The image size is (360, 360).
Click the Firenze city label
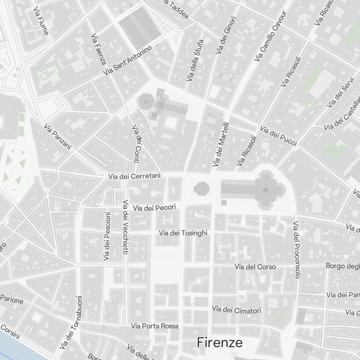[x=220, y=342]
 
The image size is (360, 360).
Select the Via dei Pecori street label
[x=154, y=208]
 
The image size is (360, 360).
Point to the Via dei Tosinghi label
[x=183, y=233]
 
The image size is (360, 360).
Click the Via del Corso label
[x=255, y=267]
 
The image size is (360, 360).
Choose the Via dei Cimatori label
[x=237, y=310]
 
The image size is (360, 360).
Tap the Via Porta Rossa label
[x=155, y=326]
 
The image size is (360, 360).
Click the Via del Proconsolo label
[x=297, y=250]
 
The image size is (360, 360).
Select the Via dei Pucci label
[x=279, y=136]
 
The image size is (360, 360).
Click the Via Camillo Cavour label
[x=270, y=36]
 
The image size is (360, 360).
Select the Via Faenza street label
[x=98, y=50]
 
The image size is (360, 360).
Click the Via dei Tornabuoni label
[x=71, y=323]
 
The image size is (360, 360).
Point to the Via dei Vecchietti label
[x=126, y=228]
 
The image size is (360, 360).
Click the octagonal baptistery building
[x=201, y=189]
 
